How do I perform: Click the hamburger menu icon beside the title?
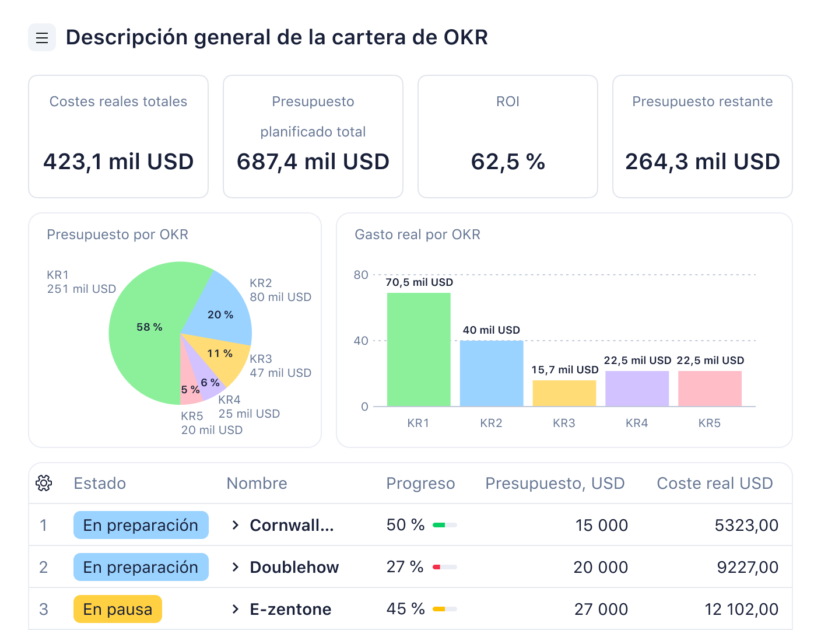[x=42, y=38]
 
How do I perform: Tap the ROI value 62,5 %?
[x=507, y=162]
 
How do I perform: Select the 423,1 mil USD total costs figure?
[x=118, y=162]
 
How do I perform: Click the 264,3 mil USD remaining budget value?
[x=702, y=162]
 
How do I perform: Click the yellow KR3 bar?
[x=564, y=393]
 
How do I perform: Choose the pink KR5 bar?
[x=710, y=388]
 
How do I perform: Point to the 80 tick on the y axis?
[x=361, y=275]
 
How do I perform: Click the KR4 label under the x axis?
[x=637, y=423]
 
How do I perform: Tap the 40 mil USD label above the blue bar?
[x=491, y=330]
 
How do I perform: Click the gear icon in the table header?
[x=44, y=483]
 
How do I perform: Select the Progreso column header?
[x=420, y=483]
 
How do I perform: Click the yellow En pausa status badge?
[x=118, y=609]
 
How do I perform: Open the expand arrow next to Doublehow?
[x=235, y=567]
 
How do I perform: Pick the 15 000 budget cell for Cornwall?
[x=601, y=525]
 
